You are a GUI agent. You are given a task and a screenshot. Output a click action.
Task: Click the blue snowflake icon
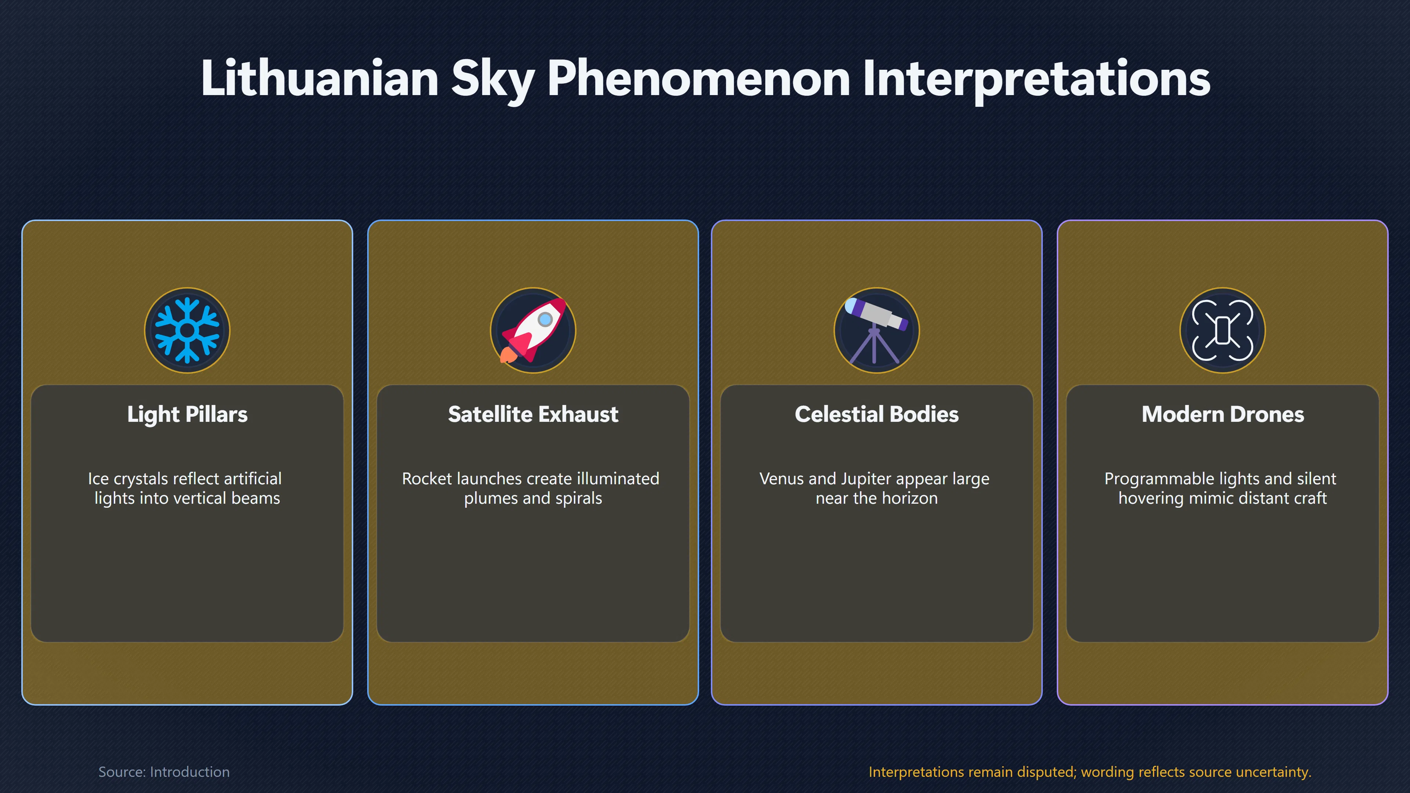tap(187, 330)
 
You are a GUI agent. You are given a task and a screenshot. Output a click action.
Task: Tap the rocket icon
tap(533, 330)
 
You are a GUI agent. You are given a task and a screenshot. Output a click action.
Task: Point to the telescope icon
tap(877, 330)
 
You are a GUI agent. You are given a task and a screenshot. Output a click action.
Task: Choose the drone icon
tap(1223, 330)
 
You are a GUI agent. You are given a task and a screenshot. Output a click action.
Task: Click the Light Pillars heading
tap(187, 414)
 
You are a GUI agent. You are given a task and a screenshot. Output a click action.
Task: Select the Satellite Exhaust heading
tap(533, 414)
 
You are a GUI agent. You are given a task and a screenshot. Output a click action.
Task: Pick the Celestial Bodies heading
tap(877, 414)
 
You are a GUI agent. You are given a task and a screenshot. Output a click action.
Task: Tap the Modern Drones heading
tap(1223, 414)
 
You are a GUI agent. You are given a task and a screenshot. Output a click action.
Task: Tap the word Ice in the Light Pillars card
tap(98, 479)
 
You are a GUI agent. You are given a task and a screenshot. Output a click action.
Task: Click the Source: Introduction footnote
tap(164, 772)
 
